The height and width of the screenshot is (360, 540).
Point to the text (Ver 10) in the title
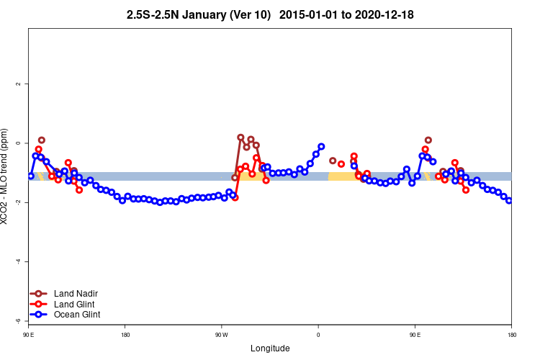[x=245, y=14]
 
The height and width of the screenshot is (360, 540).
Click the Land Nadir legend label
[x=76, y=294]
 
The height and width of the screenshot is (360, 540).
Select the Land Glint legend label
[x=74, y=304]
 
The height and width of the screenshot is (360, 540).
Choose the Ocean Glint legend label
[x=77, y=315]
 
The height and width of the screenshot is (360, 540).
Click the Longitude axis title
[x=270, y=348]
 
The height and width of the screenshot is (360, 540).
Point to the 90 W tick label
[x=221, y=335]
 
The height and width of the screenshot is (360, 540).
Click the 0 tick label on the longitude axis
[x=318, y=335]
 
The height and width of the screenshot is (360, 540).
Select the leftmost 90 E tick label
[x=30, y=335]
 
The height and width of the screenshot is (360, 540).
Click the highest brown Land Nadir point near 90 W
[x=240, y=137]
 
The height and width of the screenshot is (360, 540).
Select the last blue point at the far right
[x=509, y=200]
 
